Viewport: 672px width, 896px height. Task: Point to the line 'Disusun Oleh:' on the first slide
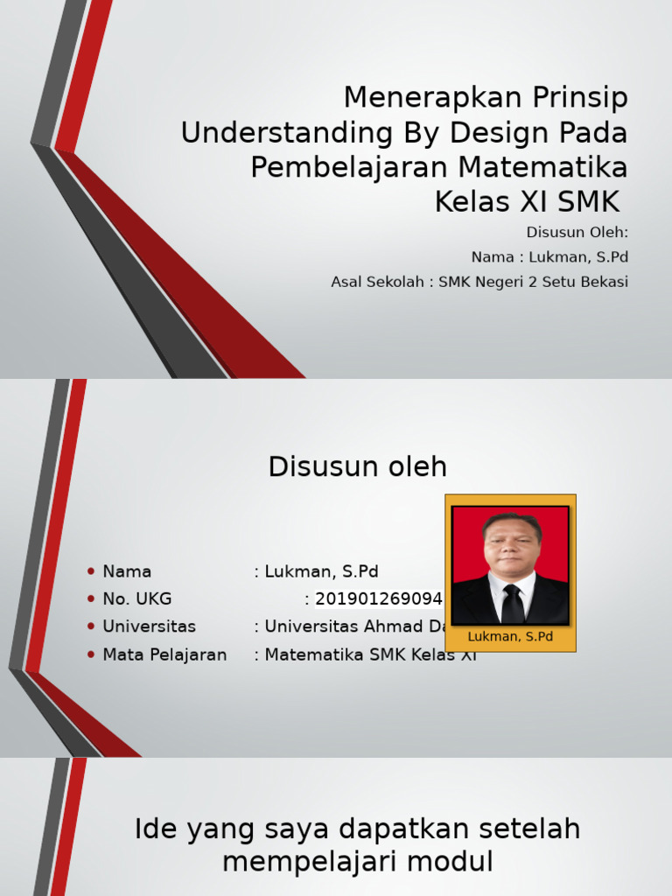pyautogui.click(x=577, y=232)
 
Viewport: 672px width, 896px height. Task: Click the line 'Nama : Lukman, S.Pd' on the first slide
pyautogui.click(x=549, y=257)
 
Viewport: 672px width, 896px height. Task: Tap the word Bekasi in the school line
pyautogui.click(x=604, y=282)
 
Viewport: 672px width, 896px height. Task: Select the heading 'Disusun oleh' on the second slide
pyautogui.click(x=357, y=467)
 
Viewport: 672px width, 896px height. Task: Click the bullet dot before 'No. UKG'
pyautogui.click(x=91, y=599)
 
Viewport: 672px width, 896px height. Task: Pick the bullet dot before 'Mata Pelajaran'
pyautogui.click(x=91, y=654)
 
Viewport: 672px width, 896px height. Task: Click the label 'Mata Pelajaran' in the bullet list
pyautogui.click(x=164, y=654)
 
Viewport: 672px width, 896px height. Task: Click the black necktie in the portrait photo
pyautogui.click(x=513, y=605)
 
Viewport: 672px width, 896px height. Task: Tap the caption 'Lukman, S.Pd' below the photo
pyautogui.click(x=510, y=637)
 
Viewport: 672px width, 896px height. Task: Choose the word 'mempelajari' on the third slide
pyautogui.click(x=313, y=862)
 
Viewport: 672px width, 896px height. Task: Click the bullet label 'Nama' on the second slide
pyautogui.click(x=127, y=571)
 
